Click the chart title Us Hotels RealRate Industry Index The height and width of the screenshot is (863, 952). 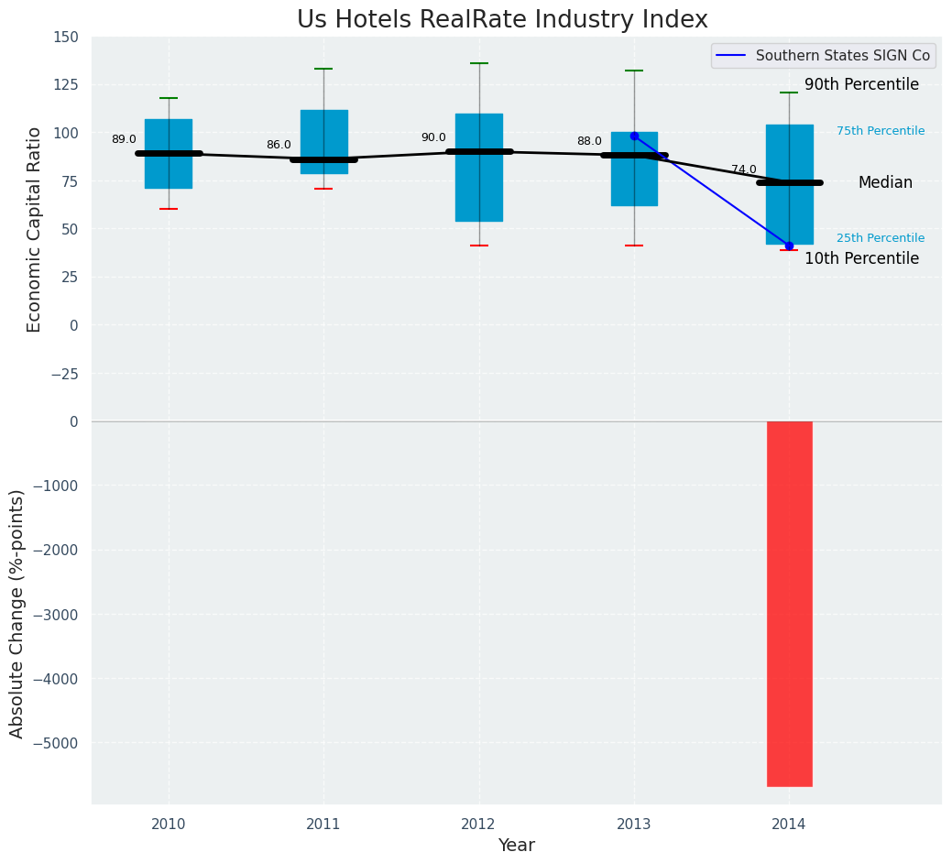502,20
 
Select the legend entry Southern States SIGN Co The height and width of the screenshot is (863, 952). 842,56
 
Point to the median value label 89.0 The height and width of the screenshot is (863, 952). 124,140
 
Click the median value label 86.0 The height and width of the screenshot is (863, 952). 279,146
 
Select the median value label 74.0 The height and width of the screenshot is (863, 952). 743,170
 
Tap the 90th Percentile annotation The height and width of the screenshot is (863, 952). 861,85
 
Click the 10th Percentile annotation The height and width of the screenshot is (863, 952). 861,259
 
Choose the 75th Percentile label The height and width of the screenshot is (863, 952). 880,131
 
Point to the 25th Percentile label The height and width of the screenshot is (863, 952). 880,238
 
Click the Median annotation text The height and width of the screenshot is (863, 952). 885,183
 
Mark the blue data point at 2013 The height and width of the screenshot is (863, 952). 634,136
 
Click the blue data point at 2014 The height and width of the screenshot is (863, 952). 789,246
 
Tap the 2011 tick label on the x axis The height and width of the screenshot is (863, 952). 323,825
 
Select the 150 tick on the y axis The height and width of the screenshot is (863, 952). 66,38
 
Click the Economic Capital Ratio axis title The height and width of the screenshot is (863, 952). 35,229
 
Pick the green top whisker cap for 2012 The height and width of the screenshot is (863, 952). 479,63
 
